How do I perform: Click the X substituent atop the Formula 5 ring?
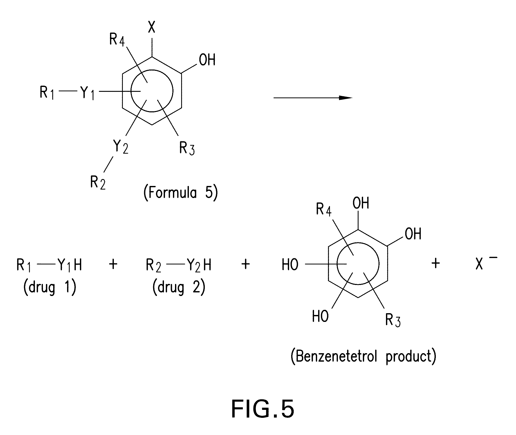click(152, 27)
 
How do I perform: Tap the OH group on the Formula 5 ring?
click(207, 60)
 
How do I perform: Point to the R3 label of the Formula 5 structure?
click(187, 148)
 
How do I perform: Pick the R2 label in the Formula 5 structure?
click(98, 183)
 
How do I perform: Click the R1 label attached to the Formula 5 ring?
click(47, 92)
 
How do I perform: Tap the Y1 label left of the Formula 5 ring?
click(87, 92)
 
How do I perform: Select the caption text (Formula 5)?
click(181, 193)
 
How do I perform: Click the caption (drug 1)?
click(50, 287)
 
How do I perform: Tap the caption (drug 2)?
click(179, 287)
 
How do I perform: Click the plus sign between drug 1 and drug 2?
click(113, 264)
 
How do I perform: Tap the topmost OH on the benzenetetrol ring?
click(361, 203)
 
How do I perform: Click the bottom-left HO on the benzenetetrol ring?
click(320, 316)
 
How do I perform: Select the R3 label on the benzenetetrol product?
click(393, 320)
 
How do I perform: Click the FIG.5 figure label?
click(263, 409)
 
